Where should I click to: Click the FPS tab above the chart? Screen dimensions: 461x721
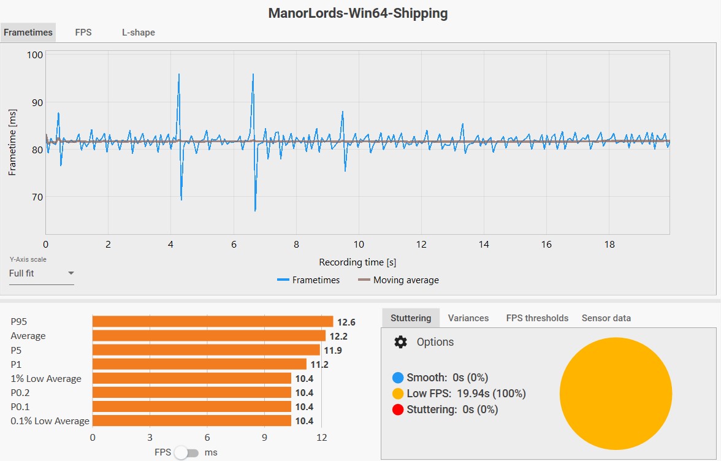pos(83,32)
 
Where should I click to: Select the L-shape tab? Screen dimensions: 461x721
pos(138,32)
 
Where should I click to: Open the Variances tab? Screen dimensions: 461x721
pos(468,318)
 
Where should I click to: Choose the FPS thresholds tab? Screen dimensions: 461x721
pos(537,318)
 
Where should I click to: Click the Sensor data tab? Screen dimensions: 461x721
pos(606,318)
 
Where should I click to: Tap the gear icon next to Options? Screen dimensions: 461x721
pos(400,342)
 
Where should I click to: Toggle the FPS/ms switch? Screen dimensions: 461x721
pos(186,452)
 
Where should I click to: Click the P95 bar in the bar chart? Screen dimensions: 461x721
pos(212,322)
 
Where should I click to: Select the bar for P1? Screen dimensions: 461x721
pos(199,364)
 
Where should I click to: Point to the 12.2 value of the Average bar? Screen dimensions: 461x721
pos(338,336)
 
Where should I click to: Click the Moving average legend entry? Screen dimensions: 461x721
pos(399,280)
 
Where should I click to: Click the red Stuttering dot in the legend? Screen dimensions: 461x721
pos(398,410)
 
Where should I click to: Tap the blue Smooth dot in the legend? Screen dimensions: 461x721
pos(398,378)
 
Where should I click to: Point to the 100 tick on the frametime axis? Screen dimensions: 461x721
pos(34,55)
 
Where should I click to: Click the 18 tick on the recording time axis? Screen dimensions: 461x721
pos(609,244)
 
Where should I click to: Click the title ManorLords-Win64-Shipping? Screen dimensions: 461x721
pos(358,13)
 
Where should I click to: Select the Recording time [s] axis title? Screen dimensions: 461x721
pos(357,262)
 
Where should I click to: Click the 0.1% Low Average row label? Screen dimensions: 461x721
pos(50,421)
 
